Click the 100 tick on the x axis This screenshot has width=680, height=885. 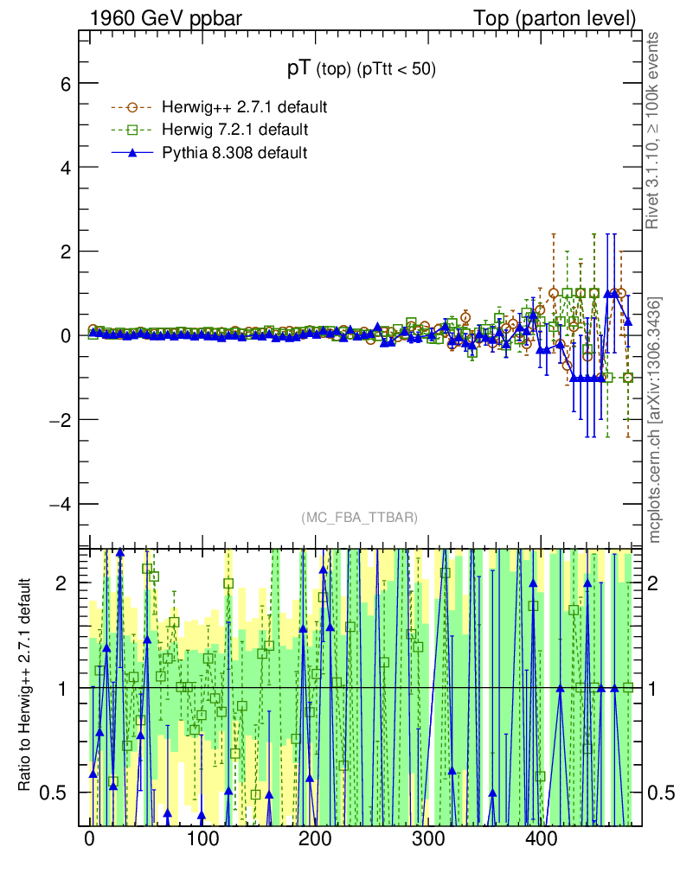(x=202, y=838)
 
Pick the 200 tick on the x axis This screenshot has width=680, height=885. (x=315, y=838)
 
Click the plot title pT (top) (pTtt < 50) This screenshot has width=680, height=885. (x=362, y=70)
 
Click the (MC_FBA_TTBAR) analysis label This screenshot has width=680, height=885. (x=360, y=518)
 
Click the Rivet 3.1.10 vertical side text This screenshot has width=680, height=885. (x=654, y=131)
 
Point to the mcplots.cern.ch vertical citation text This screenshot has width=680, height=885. (x=654, y=419)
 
